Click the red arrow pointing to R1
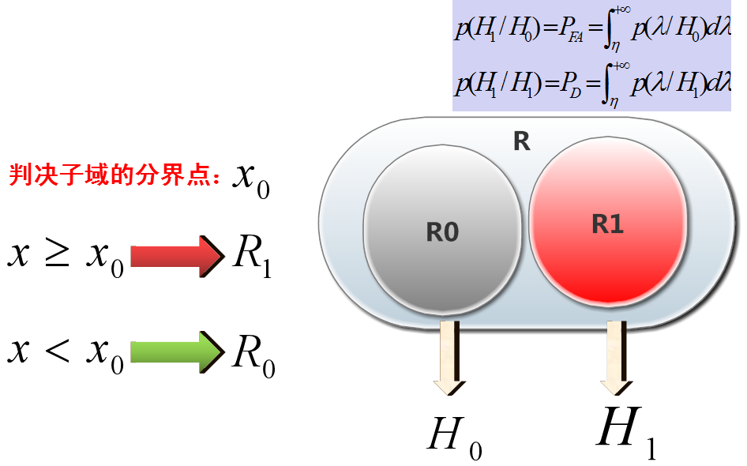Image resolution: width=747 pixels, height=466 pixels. point(178,256)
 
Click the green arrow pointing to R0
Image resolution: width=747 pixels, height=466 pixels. point(178,353)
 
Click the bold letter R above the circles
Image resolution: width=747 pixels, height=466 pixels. point(521,142)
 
